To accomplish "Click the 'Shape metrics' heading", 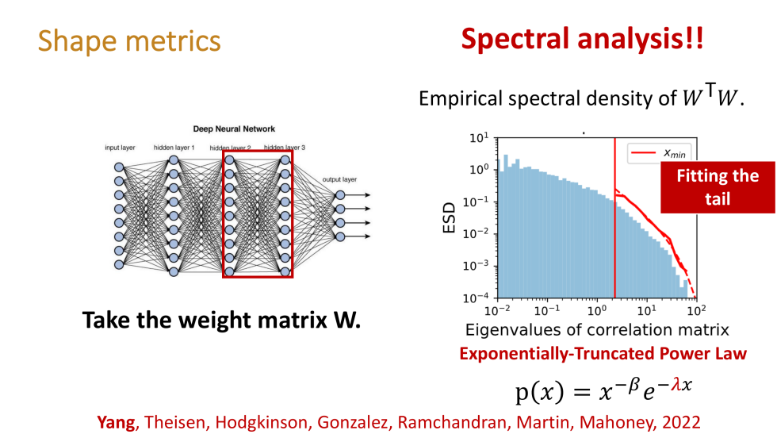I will pyautogui.click(x=129, y=40).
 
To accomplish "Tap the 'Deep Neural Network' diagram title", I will pyautogui.click(x=234, y=129).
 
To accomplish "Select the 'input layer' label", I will pyautogui.click(x=120, y=148).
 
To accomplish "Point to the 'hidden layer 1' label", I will pyautogui.click(x=174, y=148).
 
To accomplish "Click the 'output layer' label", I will pyautogui.click(x=339, y=180).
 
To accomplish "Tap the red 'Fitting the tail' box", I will pyautogui.click(x=717, y=187).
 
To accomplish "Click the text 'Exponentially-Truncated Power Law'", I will pyautogui.click(x=603, y=353).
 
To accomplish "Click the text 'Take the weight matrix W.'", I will pyautogui.click(x=221, y=321).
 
